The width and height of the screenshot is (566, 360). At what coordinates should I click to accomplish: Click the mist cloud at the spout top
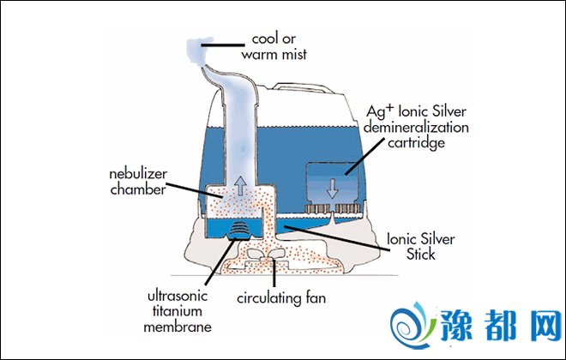[x=203, y=51]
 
